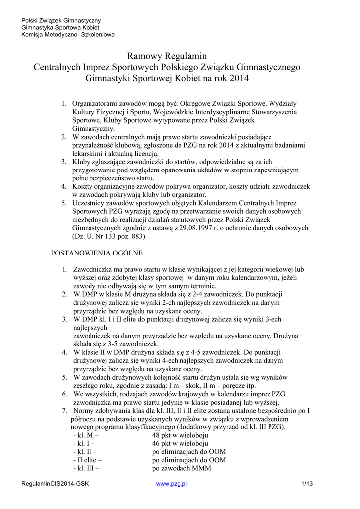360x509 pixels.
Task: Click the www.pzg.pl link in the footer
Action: (x=171, y=483)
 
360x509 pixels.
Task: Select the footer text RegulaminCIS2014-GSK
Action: (x=55, y=483)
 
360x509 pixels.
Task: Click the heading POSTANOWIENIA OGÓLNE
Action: (x=97, y=253)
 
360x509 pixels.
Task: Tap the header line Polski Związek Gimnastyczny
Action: (x=61, y=20)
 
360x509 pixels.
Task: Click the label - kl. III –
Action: (x=86, y=468)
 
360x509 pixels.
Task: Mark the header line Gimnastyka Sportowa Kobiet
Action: (x=60, y=27)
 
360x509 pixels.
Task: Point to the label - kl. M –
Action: (x=86, y=435)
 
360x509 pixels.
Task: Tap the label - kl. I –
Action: (x=84, y=443)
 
